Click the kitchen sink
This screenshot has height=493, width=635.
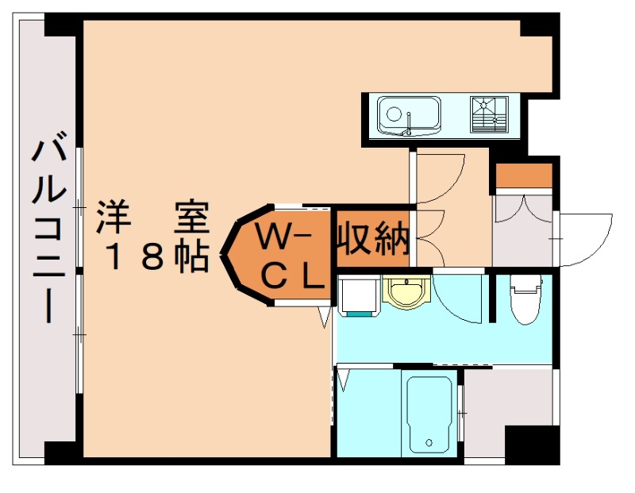pos(408,114)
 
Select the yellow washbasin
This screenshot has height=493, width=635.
pos(406,291)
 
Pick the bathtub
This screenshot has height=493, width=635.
pos(429,414)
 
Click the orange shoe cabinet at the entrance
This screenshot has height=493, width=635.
pos(523,175)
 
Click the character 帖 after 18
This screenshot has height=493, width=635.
pos(191,256)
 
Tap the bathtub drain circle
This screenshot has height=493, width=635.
pos(429,443)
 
